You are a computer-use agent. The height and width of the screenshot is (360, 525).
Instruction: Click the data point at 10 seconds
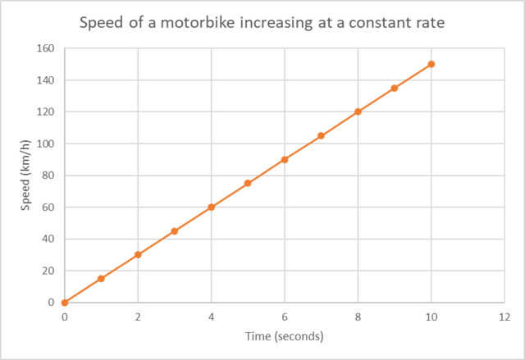coord(431,64)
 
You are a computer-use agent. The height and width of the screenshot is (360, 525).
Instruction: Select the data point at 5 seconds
coord(248,183)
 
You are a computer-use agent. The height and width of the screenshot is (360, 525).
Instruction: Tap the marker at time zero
coord(65,303)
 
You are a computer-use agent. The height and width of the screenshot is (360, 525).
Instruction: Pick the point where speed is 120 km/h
coord(358,112)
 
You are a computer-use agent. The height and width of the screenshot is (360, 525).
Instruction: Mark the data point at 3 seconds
coord(175,231)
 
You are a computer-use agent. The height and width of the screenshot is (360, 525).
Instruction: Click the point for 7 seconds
coord(321,135)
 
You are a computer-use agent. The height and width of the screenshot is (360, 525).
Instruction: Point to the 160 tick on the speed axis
coord(46,48)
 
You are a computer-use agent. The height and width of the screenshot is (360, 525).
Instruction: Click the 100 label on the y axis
coord(46,144)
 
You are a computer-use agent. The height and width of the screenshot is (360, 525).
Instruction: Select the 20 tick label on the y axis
coord(48,271)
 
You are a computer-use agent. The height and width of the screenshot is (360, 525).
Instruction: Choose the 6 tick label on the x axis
coord(285,317)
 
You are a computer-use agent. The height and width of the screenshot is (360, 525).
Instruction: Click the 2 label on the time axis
coord(138,317)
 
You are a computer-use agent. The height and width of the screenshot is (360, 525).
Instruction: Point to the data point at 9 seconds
coord(395,88)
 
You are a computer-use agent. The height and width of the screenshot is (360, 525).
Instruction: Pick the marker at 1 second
coord(101,279)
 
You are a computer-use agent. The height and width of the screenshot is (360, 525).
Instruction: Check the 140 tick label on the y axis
coord(46,80)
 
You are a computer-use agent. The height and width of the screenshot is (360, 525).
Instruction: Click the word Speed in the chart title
coord(99,22)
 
